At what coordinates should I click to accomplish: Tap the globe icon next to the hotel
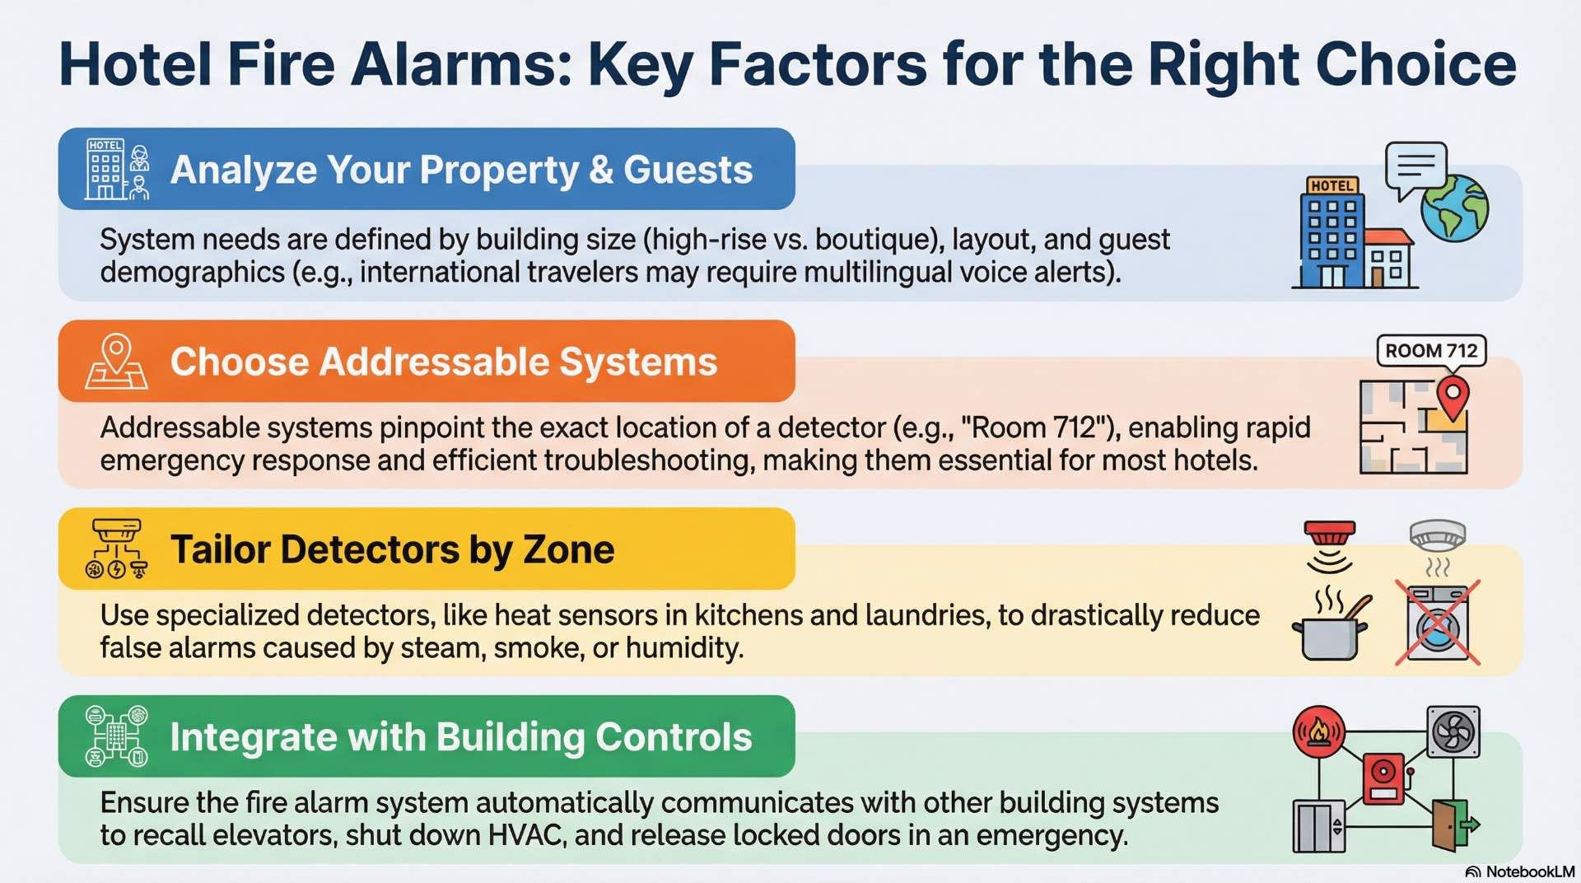coord(1454,208)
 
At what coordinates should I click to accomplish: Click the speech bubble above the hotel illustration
coord(1415,168)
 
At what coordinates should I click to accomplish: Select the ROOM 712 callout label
coord(1431,351)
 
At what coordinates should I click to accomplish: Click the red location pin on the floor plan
coord(1453,398)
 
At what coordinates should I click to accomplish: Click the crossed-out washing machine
coord(1438,623)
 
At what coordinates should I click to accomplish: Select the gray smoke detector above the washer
coord(1437,536)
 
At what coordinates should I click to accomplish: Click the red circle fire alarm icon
coord(1318,731)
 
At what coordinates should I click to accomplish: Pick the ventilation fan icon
coord(1453,731)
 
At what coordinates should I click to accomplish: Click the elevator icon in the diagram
coord(1318,825)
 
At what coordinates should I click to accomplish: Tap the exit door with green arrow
coord(1453,824)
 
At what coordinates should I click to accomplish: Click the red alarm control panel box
coord(1384,778)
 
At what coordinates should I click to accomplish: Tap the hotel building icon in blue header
coord(117,169)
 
